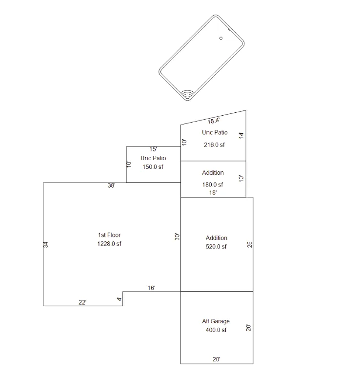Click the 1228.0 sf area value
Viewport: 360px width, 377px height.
[109, 244]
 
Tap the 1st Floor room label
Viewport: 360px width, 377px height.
[109, 235]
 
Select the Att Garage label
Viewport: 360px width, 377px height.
[216, 321]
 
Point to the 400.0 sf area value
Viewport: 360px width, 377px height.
[216, 330]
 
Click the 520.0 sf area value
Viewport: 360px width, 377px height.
[216, 247]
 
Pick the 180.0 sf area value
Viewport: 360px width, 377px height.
[213, 185]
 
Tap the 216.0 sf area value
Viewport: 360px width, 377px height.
[214, 145]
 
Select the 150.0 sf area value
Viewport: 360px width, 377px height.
[153, 167]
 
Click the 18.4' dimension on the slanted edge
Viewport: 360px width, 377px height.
[214, 121]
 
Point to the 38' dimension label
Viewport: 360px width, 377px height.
[111, 186]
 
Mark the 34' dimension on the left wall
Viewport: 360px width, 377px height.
[46, 244]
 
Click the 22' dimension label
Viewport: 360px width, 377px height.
[82, 302]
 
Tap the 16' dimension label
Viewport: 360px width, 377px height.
[151, 288]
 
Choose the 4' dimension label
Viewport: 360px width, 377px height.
[120, 299]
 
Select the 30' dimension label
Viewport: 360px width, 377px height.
[177, 237]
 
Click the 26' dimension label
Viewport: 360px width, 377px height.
[250, 244]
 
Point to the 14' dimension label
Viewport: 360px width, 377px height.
[241, 135]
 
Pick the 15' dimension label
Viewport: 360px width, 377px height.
[153, 149]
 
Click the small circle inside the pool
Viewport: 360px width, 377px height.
[221, 38]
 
